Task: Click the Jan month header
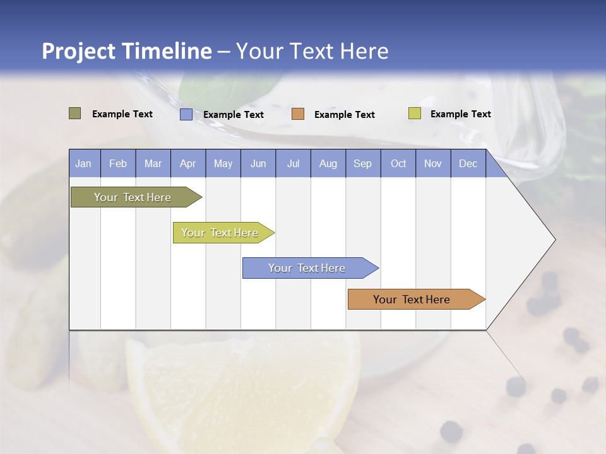[x=84, y=163]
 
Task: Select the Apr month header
[x=188, y=163]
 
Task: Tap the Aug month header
[x=328, y=163]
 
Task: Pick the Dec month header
[x=468, y=163]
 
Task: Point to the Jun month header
[x=258, y=163]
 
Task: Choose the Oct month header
[x=398, y=163]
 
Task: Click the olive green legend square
[x=75, y=113]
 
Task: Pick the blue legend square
[x=186, y=114]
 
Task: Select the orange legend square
[x=298, y=114]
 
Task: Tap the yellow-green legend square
[x=414, y=113]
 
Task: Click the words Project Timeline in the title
[x=126, y=51]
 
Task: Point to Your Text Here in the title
[x=312, y=51]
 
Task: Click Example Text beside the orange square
[x=344, y=115]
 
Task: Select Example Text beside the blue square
[x=233, y=115]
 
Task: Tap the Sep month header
[x=363, y=163]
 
